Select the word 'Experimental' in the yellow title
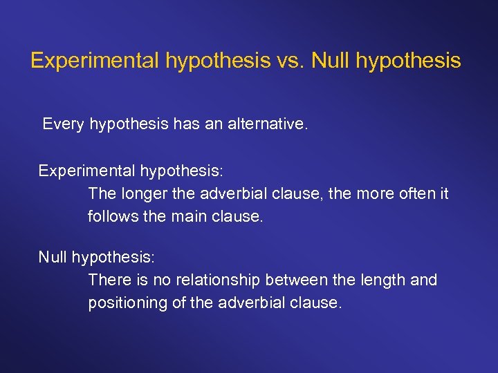(95, 61)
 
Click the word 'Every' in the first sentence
(64, 124)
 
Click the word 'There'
(107, 280)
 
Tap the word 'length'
(383, 280)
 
